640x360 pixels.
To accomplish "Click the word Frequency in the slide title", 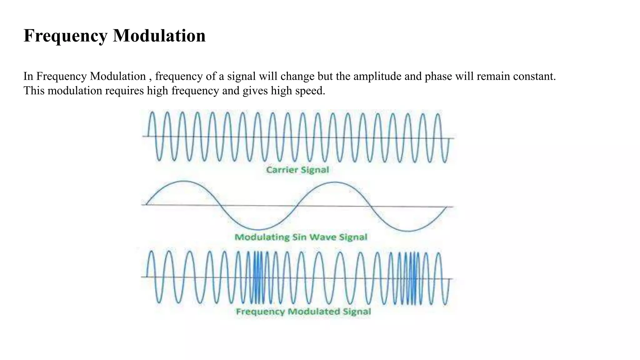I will tap(65, 36).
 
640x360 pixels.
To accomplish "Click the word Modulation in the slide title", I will tap(159, 36).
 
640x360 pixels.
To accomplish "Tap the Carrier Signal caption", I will tap(297, 170).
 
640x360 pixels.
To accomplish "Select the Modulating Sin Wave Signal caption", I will tap(301, 237).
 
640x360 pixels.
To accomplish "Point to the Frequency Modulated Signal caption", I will tap(303, 312).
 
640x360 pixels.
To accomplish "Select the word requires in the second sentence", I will tap(124, 91).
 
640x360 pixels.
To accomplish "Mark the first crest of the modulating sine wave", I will tap(184, 182).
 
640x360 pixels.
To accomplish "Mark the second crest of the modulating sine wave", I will tap(334, 182).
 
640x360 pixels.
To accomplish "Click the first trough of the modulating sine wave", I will tap(258, 230).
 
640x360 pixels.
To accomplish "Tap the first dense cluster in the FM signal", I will tap(258, 277).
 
